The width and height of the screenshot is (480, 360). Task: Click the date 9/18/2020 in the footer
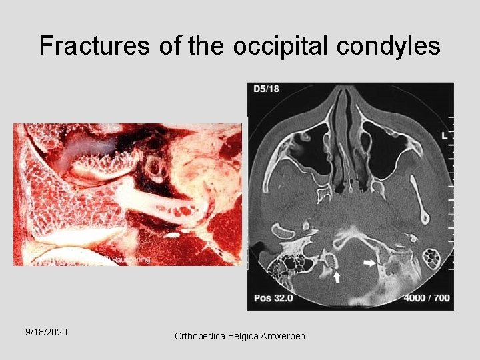46,331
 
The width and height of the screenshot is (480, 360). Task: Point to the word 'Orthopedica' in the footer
200,336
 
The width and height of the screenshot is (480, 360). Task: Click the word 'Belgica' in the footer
242,336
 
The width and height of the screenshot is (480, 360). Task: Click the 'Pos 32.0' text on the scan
271,298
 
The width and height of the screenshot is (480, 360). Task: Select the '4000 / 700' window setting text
427,298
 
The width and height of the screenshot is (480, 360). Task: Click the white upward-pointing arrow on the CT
337,277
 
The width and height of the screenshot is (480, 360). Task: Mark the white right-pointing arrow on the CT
369,264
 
